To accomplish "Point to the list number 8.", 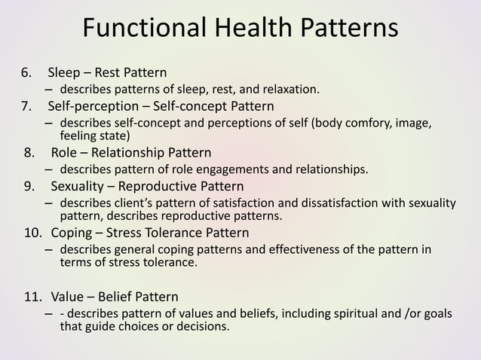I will pyautogui.click(x=29, y=154).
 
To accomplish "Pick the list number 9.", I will pyautogui.click(x=29, y=186).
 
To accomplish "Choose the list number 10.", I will pyautogui.click(x=31, y=233).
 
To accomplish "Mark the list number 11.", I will pyautogui.click(x=31, y=296).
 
